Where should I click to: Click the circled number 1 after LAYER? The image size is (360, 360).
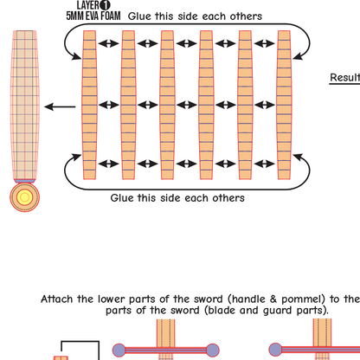105,5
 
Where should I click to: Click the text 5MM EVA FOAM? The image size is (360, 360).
93,16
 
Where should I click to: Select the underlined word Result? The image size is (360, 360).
344,77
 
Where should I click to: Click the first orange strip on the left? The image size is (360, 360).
89,105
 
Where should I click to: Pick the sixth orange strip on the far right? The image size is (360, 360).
284,105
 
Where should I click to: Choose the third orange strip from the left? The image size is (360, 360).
167,105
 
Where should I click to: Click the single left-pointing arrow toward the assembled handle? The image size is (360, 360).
60,106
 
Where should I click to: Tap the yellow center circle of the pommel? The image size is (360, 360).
25,197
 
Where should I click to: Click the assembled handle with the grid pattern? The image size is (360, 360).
25,105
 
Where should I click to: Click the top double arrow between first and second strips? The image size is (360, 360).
109,43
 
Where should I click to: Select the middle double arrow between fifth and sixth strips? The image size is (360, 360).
265,105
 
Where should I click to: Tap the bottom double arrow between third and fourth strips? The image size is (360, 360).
187,164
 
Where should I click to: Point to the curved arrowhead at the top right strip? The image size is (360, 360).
299,56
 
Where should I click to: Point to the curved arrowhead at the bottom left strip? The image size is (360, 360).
76,157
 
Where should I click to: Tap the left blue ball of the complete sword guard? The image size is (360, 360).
119,350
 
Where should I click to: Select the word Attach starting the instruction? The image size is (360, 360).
57,299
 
